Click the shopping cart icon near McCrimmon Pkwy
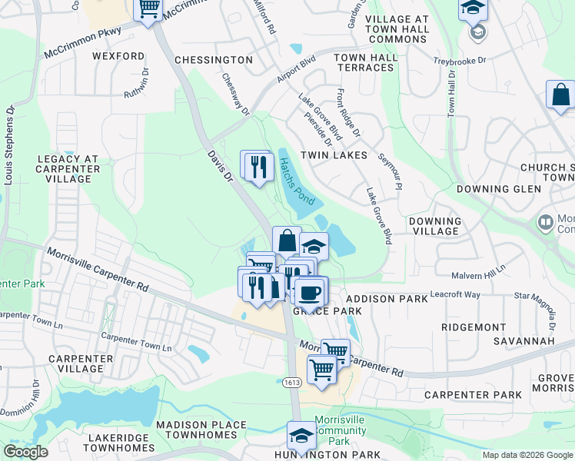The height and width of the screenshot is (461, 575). point(148,9)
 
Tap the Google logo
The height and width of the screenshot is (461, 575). point(25,452)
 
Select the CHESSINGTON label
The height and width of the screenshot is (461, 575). point(213,60)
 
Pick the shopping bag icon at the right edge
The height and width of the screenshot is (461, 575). point(561,95)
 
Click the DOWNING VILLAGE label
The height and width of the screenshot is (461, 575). point(435,226)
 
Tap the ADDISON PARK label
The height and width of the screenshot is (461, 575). point(381,298)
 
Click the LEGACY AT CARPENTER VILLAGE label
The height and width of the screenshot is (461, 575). point(68,169)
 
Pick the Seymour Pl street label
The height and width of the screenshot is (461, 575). point(391,172)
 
